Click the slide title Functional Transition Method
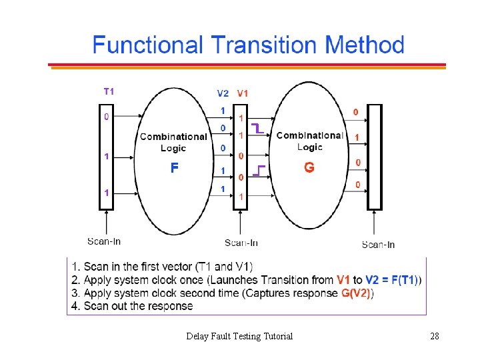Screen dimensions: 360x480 (x=248, y=45)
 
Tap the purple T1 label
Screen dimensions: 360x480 (x=108, y=91)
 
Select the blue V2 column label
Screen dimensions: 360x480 (x=223, y=93)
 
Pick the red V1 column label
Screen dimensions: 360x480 (x=242, y=93)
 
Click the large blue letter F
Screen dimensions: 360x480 (x=173, y=168)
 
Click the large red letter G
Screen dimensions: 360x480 (x=309, y=168)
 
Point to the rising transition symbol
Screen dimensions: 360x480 (x=259, y=171)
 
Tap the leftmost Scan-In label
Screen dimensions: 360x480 (x=104, y=241)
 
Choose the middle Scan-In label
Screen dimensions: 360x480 (x=241, y=243)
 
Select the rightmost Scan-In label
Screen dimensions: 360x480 (x=378, y=245)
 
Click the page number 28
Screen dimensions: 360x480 (x=435, y=336)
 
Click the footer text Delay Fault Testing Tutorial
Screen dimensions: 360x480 (x=239, y=336)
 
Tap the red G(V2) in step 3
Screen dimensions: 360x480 (x=355, y=293)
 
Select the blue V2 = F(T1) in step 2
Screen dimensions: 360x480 (x=392, y=280)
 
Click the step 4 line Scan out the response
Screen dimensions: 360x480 (x=132, y=306)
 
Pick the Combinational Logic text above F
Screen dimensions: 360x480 (x=173, y=142)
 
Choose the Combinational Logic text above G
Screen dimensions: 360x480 (x=309, y=141)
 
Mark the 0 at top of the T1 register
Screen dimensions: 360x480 (x=106, y=117)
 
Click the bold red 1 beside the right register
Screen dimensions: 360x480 (x=357, y=137)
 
